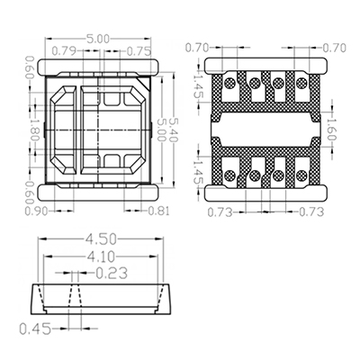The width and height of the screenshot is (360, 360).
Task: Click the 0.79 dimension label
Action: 65,51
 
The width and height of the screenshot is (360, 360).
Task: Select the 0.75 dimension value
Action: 139,51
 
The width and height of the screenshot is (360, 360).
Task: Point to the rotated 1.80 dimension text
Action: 35,130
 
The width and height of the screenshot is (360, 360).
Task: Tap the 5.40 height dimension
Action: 174,130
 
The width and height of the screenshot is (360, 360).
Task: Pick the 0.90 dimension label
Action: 36,211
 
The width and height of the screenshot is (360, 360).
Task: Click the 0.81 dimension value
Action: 159,211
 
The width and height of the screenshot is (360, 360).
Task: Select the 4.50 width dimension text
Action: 101,239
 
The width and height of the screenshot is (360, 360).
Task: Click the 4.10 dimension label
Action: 101,256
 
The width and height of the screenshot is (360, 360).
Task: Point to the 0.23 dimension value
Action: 112,273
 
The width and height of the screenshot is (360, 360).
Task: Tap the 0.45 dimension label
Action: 35,329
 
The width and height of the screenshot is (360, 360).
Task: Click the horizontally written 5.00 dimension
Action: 98,39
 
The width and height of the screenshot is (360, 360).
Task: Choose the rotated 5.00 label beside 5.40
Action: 162,130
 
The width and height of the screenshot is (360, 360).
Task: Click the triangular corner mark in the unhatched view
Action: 145,83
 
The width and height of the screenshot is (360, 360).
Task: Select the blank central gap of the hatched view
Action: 265,130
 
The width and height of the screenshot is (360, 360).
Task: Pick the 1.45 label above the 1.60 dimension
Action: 198,86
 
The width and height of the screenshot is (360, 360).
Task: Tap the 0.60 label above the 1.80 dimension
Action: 30,67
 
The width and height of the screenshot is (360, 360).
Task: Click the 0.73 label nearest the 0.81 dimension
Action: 220,212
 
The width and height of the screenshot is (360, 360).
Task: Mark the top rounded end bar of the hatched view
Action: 265,65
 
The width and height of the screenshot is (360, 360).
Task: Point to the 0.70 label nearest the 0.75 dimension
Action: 197,48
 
